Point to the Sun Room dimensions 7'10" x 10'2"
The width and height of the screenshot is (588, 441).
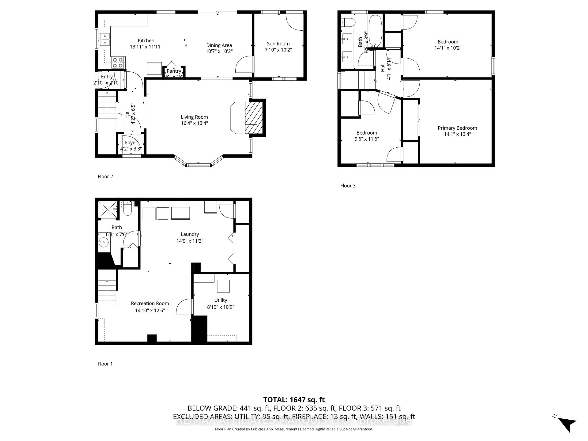coord(278,50)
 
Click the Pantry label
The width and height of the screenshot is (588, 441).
coord(174,71)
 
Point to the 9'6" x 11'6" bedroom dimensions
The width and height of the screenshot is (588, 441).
coord(367,139)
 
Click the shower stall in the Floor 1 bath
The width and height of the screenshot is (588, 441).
coord(108,210)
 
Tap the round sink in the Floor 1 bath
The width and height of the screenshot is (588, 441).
coord(103,242)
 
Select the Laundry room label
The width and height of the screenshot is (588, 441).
coord(190,234)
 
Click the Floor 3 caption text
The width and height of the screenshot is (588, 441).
coord(348,186)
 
